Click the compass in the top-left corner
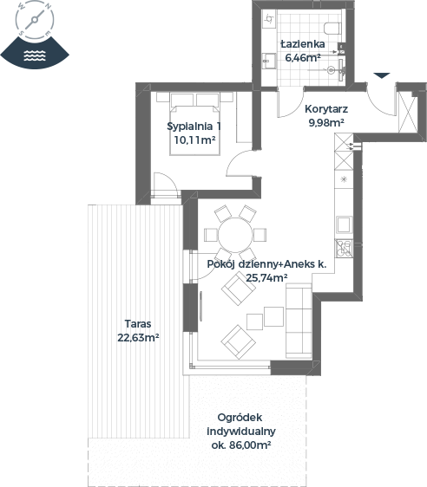35,20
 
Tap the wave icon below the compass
35,55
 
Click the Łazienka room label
303,44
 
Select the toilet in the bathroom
332,29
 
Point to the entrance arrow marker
382,75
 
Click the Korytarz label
326,109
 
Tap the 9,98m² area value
326,123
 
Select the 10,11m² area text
194,140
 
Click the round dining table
235,235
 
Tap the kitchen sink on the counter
344,224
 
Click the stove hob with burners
344,248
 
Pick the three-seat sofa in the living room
299,321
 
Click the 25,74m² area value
266,277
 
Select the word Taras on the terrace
138,323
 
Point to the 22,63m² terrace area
138,337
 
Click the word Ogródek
240,418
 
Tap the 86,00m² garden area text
250,445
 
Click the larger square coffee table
273,316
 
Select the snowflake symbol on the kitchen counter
344,179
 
